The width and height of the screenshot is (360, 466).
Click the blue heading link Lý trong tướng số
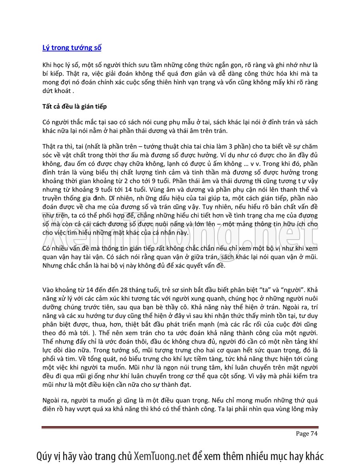click(x=72, y=48)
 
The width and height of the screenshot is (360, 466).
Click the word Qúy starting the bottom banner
click(x=45, y=456)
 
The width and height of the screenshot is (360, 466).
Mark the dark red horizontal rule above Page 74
click(x=180, y=427)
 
